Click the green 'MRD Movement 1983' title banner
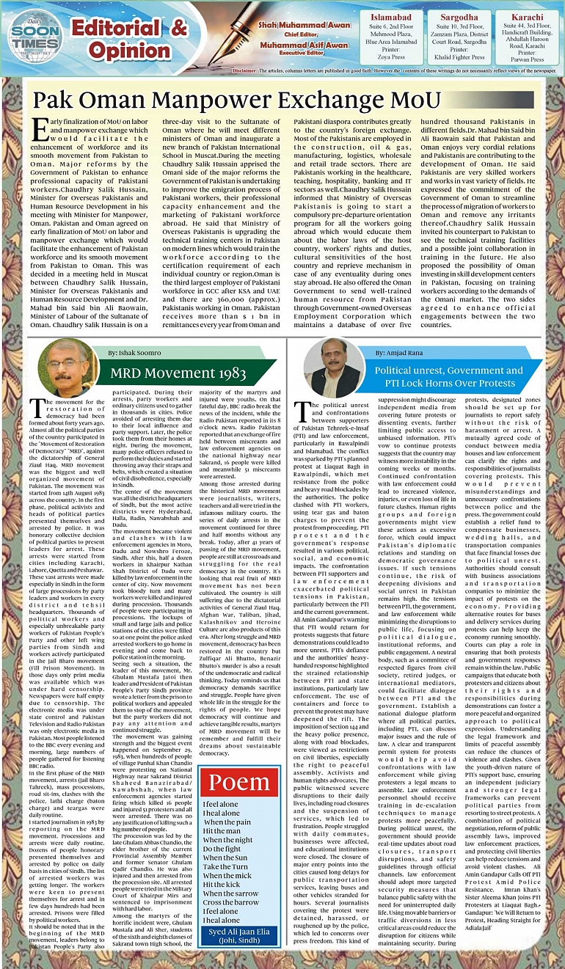click(178, 373)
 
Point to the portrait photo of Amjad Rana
click(334, 368)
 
